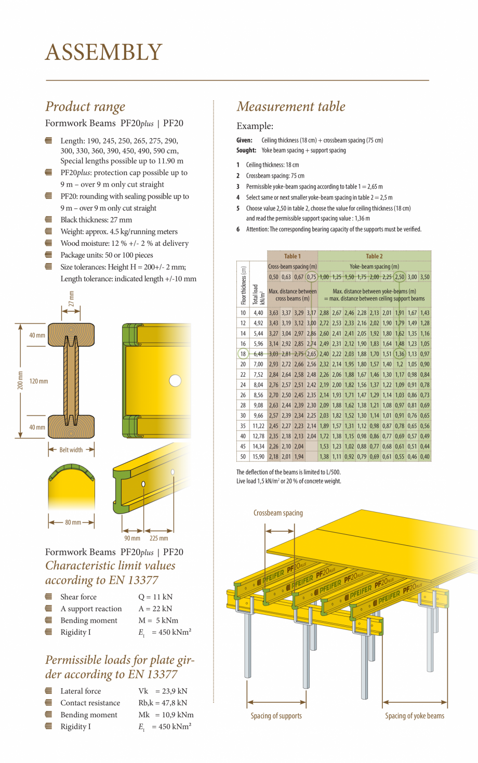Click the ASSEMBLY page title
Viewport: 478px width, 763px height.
(104, 52)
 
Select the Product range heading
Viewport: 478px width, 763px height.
(85, 107)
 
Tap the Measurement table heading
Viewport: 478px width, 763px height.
(291, 107)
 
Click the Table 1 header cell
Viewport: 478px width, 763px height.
(292, 256)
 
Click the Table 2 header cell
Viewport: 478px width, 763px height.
(374, 256)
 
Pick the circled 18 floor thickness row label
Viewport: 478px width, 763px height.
(243, 354)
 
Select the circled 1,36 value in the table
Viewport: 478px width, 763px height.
(399, 354)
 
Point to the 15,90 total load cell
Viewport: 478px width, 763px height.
(258, 456)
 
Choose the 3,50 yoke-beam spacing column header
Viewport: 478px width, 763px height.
(425, 277)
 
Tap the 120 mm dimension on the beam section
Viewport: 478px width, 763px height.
(39, 381)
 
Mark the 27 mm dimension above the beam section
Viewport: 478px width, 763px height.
(72, 298)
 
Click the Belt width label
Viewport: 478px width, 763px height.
(71, 450)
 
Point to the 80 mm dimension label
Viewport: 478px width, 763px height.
(73, 522)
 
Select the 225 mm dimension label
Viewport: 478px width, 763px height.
(158, 538)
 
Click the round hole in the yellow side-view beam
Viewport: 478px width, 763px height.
(175, 380)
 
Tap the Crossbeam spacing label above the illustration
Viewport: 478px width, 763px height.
(278, 513)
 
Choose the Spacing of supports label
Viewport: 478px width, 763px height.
(276, 716)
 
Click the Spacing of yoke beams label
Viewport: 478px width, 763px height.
(415, 716)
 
